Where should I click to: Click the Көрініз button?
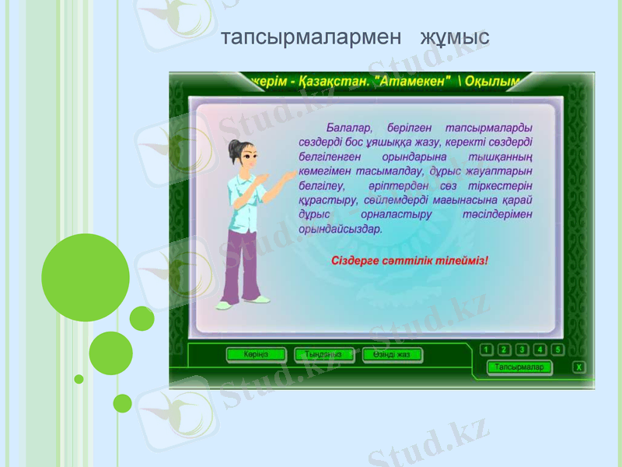tap(256, 355)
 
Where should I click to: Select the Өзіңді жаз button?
tap(392, 355)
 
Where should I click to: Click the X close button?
tap(579, 367)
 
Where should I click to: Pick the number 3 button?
tap(522, 350)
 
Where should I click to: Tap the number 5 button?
tap(557, 350)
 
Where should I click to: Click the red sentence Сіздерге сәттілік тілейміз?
tap(410, 260)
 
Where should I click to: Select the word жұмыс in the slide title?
tap(455, 37)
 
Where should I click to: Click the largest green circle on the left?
tap(86, 278)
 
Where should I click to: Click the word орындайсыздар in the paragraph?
tap(340, 230)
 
